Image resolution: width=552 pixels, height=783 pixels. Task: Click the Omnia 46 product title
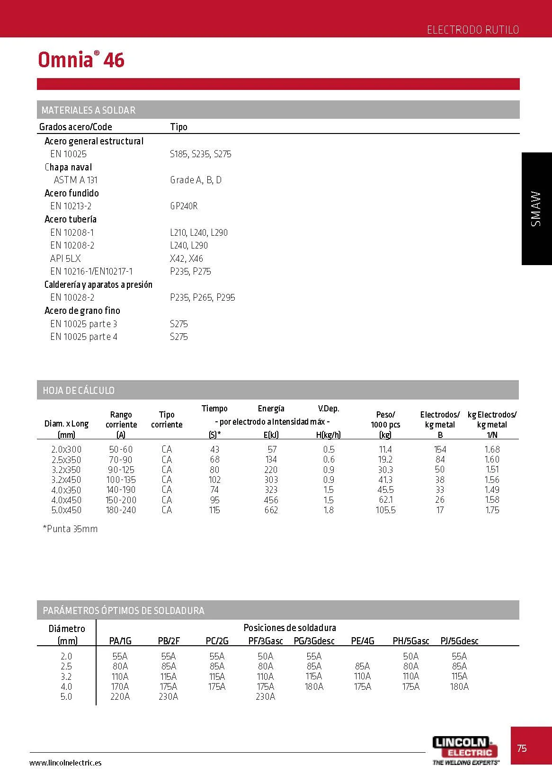point(81,60)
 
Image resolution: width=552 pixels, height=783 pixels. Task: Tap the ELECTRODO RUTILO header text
point(472,30)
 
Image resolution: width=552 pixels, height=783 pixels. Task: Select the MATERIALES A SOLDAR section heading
point(88,110)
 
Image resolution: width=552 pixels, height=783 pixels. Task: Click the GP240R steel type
point(184,206)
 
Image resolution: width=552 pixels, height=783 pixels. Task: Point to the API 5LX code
point(65,258)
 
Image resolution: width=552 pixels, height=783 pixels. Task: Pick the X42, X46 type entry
point(186,258)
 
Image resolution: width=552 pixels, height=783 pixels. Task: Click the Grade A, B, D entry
point(196,180)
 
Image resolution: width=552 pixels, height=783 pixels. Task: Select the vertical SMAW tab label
point(536,209)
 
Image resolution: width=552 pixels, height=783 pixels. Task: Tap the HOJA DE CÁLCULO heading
point(79,391)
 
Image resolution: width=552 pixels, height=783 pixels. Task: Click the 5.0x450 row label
point(66,510)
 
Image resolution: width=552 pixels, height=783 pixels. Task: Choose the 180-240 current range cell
point(121,510)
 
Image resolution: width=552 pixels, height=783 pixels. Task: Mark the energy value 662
point(271,510)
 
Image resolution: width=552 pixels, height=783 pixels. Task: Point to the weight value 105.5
point(385,510)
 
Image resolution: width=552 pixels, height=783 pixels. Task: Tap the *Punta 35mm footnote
point(70,529)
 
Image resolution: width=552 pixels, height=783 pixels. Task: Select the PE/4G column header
point(362,641)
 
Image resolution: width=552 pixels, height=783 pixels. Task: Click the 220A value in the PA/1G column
point(120,696)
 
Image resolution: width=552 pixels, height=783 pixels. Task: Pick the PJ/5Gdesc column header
point(459,641)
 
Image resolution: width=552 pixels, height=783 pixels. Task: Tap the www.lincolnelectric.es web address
point(65,763)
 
